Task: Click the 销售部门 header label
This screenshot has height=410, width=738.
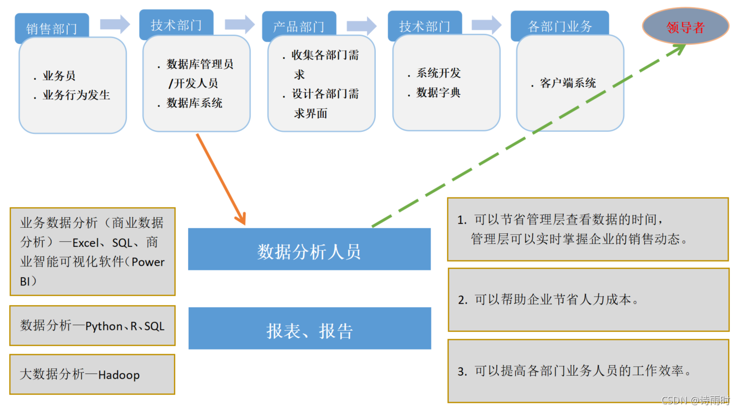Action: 52,28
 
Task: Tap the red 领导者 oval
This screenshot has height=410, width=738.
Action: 685,27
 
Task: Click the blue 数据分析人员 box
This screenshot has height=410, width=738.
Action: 309,251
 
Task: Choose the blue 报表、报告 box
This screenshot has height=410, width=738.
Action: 309,330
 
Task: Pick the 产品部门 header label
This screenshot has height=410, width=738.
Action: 299,27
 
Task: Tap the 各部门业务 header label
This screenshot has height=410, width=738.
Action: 560,27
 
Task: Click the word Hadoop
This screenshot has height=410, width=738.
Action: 119,375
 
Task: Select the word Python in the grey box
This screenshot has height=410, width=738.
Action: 104,326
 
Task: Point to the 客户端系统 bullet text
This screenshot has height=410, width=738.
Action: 568,83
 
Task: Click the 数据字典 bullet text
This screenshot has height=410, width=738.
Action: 438,93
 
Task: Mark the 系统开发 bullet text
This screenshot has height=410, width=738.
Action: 438,73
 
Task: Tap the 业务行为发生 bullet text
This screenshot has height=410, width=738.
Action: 76,95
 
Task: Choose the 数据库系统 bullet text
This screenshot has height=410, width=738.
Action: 194,103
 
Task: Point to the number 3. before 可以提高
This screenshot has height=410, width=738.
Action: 462,371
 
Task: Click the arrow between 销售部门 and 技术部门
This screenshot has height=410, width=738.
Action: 115,24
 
